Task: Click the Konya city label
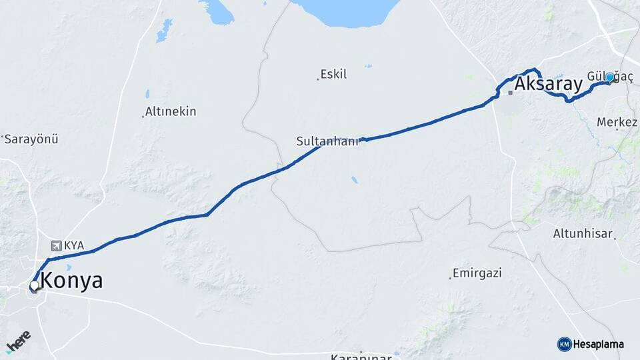pos(72,281)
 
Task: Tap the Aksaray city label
pos(548,84)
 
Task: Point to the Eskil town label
pos(334,74)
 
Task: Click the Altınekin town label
pos(171,111)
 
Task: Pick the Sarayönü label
pos(32,139)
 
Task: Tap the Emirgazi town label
pos(477,273)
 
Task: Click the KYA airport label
pos(74,245)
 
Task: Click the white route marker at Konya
pos(34,285)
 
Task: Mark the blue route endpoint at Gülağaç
pos(609,77)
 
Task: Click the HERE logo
pos(17,341)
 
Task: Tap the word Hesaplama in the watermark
pos(599,344)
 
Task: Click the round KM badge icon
pos(564,344)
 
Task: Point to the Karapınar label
pos(360,357)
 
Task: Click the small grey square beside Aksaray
pos(510,92)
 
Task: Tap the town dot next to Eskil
pos(318,79)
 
